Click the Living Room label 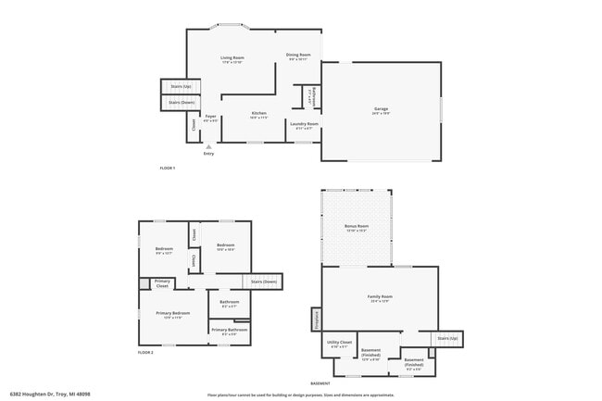[x=232, y=57]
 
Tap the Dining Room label [x=298, y=55]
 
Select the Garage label [x=381, y=109]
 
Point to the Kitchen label [x=259, y=113]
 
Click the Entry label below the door [x=208, y=153]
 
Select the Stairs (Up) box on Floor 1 [x=181, y=86]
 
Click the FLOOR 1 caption [x=168, y=167]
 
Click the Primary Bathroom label [x=229, y=330]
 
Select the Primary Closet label [x=162, y=283]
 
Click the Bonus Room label [x=357, y=226]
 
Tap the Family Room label [x=381, y=296]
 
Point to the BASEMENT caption [x=320, y=382]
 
